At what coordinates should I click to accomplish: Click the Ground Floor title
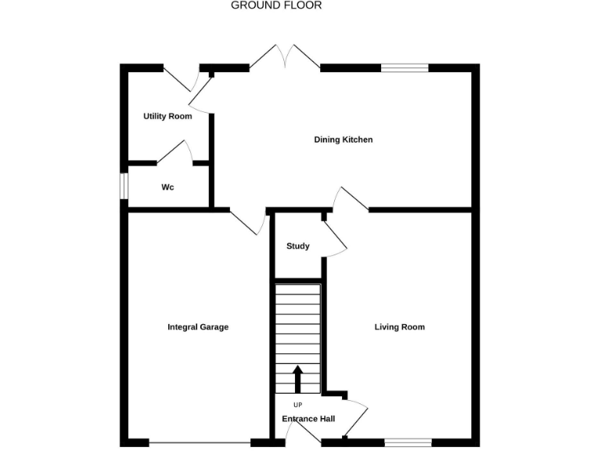tap(276, 5)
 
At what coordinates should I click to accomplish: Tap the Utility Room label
tap(167, 117)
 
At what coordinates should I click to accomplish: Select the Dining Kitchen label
tap(344, 140)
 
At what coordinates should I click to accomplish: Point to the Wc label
tap(167, 188)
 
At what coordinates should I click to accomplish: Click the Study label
tap(297, 246)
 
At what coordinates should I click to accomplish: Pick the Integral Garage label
tap(198, 327)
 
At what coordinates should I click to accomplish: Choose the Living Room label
tap(399, 327)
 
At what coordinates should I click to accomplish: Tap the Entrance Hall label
tap(308, 419)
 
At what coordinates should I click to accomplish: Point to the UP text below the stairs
tap(297, 405)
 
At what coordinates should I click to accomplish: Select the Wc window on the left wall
tap(124, 186)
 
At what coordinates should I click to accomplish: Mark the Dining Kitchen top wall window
tap(405, 68)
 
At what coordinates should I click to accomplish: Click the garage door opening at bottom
tap(200, 442)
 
